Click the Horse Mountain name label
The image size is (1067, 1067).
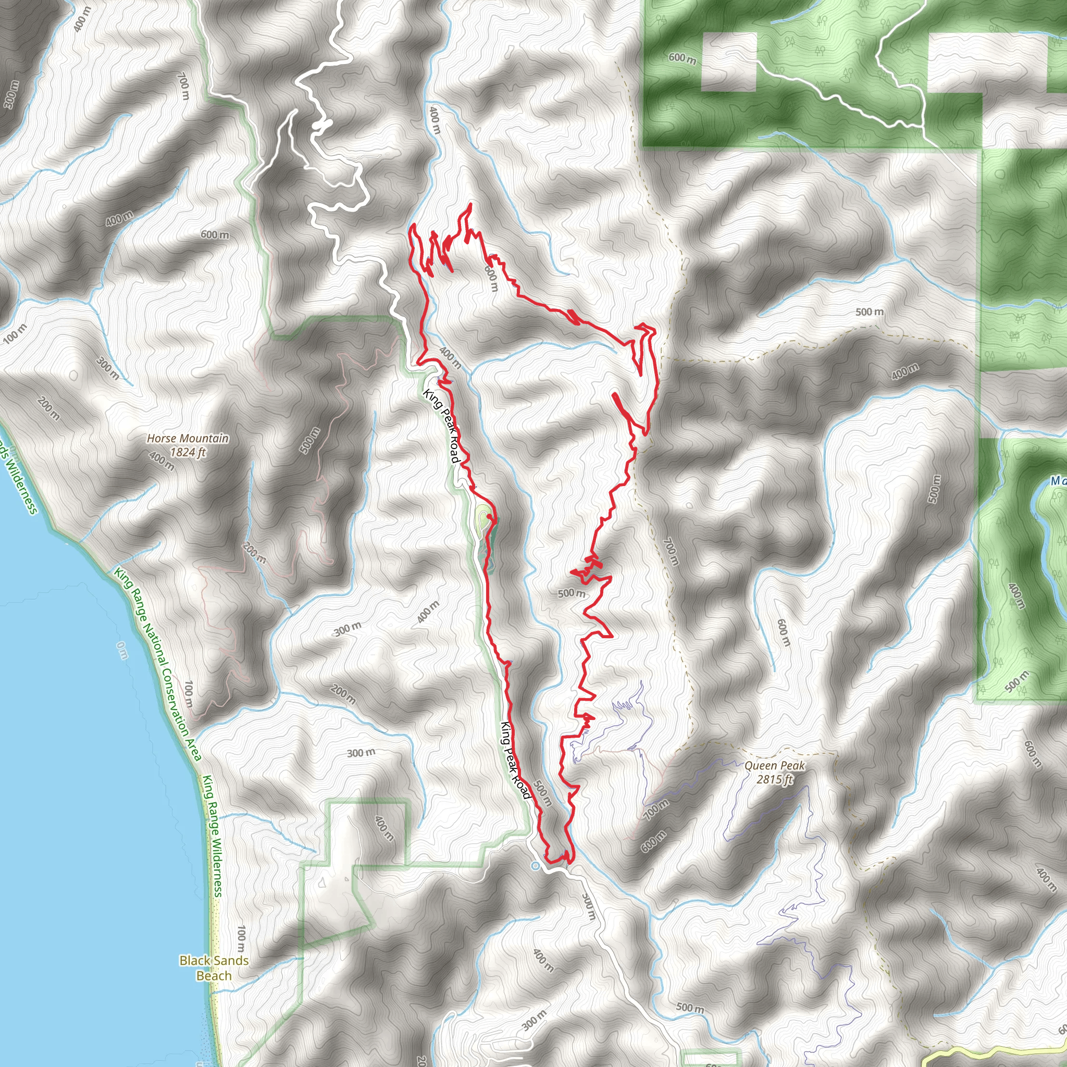click(187, 439)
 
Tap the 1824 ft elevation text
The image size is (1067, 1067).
click(187, 452)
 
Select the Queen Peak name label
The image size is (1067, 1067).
click(774, 765)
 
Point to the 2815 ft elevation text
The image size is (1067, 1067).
click(774, 779)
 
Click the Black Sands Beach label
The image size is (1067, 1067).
click(214, 967)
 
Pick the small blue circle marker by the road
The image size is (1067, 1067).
click(535, 866)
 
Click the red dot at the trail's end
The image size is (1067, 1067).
click(489, 516)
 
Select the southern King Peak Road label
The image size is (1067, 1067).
click(515, 760)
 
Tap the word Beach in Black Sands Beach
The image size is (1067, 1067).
click(214, 975)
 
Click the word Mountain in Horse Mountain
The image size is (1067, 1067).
click(202, 439)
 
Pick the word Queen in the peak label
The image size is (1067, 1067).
click(760, 765)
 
